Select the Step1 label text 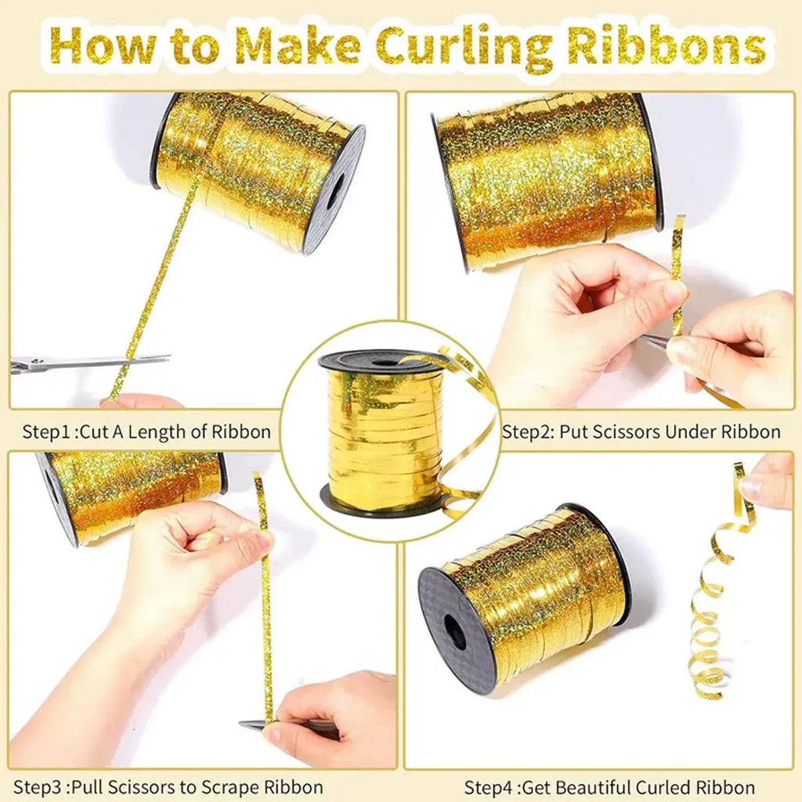pyautogui.click(x=47, y=432)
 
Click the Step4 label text pyautogui.click(x=490, y=786)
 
